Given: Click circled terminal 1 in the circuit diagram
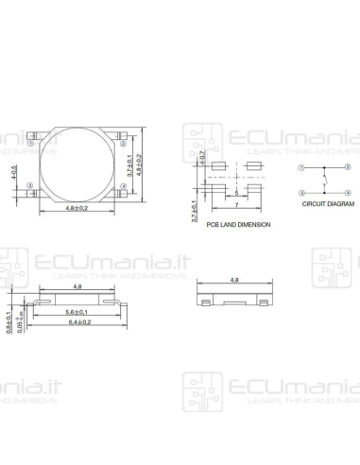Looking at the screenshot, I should pyautogui.click(x=301, y=168).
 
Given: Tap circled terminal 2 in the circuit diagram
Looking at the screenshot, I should pyautogui.click(x=348, y=168).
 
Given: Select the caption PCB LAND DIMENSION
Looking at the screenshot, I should pyautogui.click(x=238, y=225).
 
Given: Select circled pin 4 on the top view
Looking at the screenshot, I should pyautogui.click(x=125, y=185).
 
